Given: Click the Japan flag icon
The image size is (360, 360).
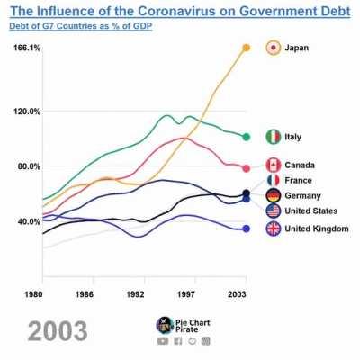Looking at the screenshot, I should click(274, 48).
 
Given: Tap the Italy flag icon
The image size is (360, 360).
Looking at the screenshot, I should click(274, 137).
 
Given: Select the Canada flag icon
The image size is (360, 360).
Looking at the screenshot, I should click(274, 165).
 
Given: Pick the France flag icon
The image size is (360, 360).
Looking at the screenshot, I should click(274, 180).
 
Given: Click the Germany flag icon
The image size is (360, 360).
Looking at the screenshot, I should click(274, 195).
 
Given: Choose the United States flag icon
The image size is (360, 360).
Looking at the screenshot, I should click(274, 211).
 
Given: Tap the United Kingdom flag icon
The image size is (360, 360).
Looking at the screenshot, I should click(274, 229).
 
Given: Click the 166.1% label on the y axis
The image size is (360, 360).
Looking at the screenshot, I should click(27, 48).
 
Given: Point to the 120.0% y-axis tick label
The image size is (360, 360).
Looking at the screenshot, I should click(27, 112).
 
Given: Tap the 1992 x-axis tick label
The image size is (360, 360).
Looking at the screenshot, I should click(136, 293).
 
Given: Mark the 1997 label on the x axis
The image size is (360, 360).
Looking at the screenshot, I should click(186, 293).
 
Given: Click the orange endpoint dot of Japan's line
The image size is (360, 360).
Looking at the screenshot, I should click(246, 48).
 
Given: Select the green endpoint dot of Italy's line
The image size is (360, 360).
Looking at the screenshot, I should click(246, 137).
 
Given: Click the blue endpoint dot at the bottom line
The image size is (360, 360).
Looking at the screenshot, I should click(246, 229).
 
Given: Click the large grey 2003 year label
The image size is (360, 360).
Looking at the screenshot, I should click(58, 330).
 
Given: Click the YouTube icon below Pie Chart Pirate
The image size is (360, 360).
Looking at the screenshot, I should click(162, 341).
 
